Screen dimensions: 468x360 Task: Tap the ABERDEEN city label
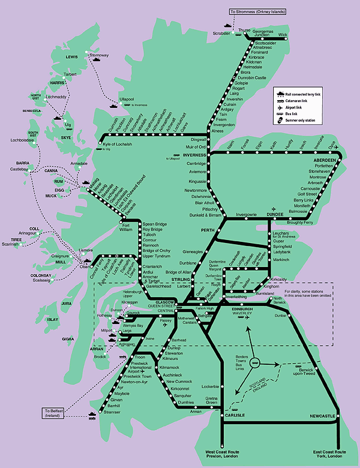tap(327, 161)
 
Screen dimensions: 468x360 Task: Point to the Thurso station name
tap(244, 29)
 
